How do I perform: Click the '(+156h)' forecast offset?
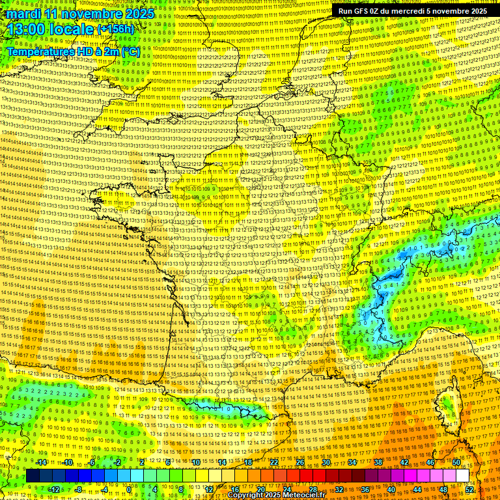[115, 29]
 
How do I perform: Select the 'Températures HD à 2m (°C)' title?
[73, 51]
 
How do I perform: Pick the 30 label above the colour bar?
[326, 462]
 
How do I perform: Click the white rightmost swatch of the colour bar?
[462, 476]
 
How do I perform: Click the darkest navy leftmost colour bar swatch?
[33, 476]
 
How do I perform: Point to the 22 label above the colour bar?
[274, 462]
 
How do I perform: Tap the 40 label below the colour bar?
[391, 490]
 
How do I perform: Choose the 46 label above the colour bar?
[430, 462]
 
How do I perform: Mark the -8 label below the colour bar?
[78, 490]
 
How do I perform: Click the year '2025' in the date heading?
[137, 14]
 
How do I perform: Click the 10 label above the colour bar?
[195, 462]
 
